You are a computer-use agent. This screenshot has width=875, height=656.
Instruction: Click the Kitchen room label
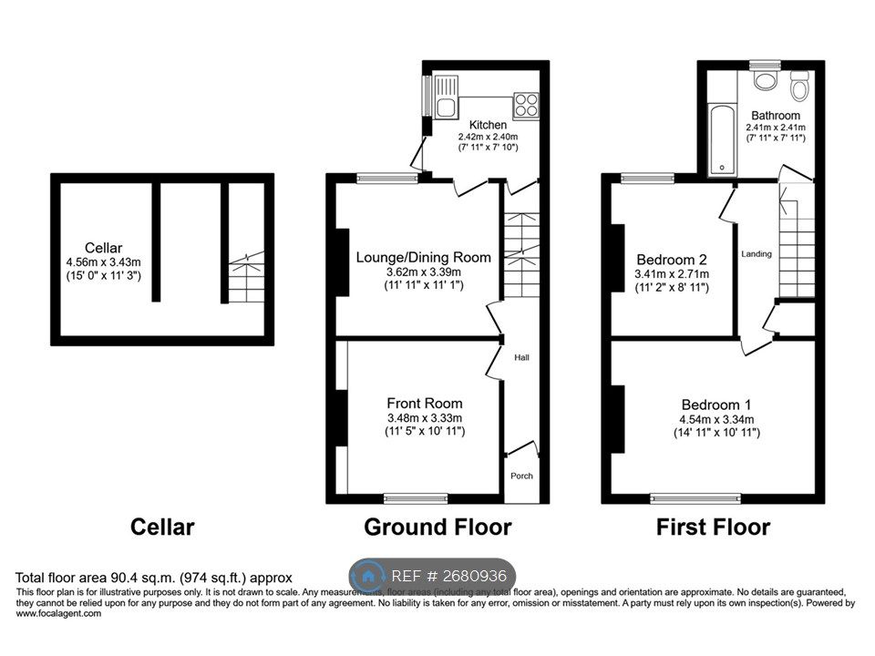(488, 125)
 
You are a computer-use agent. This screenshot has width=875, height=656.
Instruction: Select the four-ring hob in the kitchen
(526, 106)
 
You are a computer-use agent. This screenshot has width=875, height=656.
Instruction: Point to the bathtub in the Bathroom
(723, 139)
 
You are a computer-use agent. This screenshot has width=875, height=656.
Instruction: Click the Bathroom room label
(776, 116)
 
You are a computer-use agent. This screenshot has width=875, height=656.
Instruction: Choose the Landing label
(757, 254)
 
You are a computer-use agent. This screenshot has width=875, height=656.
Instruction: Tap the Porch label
(521, 476)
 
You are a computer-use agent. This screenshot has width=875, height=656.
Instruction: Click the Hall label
(521, 357)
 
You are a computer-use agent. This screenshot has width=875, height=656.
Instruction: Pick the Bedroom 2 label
(672, 258)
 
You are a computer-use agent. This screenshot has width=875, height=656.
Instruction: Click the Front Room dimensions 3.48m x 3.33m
(425, 418)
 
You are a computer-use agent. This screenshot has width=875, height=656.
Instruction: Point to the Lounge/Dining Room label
(424, 257)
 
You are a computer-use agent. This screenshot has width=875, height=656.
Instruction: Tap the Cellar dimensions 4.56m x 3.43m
(104, 261)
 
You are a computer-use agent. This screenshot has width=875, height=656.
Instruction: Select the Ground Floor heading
(437, 527)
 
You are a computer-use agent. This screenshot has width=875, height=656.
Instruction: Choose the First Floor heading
(713, 527)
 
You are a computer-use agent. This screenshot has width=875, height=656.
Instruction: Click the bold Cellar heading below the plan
(162, 527)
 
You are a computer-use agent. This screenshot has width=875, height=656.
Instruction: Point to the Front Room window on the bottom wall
(416, 498)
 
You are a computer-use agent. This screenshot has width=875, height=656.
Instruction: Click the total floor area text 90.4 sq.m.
(154, 577)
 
